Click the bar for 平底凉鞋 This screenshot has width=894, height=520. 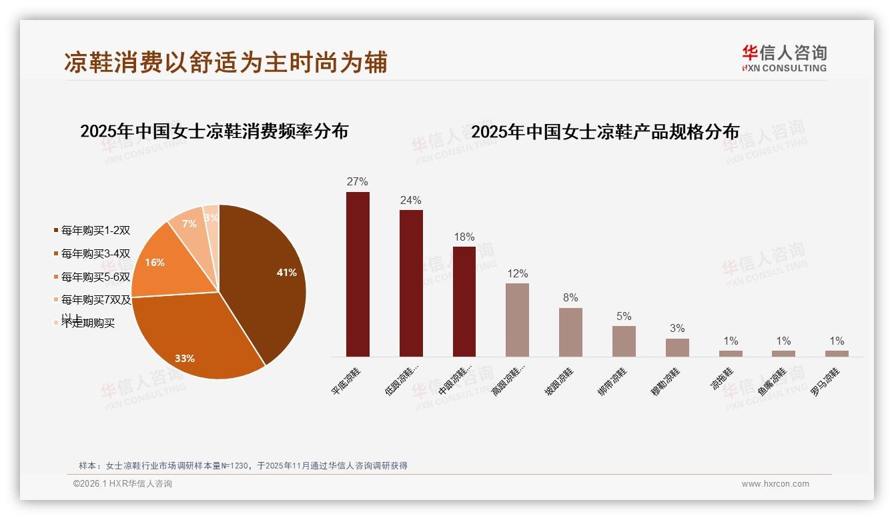click(x=358, y=274)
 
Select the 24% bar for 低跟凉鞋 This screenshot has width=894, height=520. click(x=411, y=283)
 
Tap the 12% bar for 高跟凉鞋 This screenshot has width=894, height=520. click(x=517, y=320)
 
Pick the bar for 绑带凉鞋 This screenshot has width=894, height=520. click(x=624, y=341)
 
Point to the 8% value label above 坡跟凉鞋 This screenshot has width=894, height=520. click(x=570, y=298)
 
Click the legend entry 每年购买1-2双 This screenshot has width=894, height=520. click(x=95, y=231)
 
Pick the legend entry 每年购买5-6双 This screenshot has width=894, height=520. click(x=95, y=277)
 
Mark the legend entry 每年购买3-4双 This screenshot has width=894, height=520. click(x=95, y=253)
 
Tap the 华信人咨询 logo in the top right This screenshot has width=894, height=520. click(x=784, y=58)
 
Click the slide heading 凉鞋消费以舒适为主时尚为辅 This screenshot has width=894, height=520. click(x=226, y=63)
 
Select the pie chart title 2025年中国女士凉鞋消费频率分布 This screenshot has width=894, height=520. click(x=214, y=131)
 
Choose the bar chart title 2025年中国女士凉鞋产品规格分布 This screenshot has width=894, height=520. click(x=605, y=132)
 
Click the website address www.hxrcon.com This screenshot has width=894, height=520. click(x=775, y=484)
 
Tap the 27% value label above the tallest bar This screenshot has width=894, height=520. click(x=358, y=182)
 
